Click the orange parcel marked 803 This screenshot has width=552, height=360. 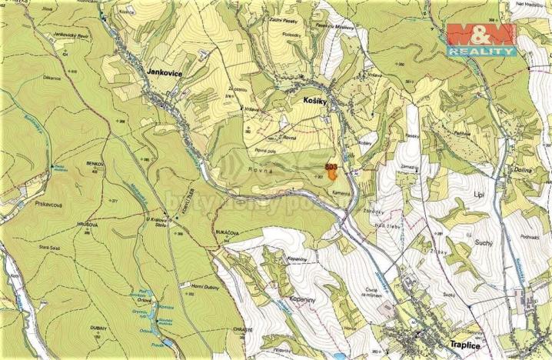point(332,173)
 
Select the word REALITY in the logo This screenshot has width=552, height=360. point(481,51)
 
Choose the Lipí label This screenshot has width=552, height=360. point(483,187)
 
